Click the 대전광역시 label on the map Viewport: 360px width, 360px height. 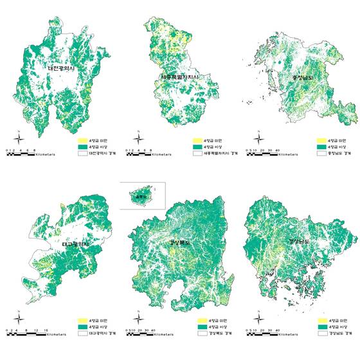click(64, 67)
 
